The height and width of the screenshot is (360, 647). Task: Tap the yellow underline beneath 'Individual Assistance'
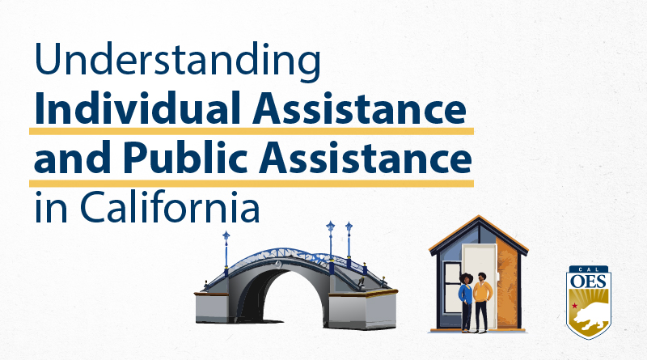(251, 130)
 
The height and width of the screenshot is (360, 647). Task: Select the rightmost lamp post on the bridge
(349, 239)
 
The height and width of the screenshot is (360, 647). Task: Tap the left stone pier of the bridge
(215, 307)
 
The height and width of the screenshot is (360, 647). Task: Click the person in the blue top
(467, 302)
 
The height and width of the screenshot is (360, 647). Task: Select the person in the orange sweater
(481, 302)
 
